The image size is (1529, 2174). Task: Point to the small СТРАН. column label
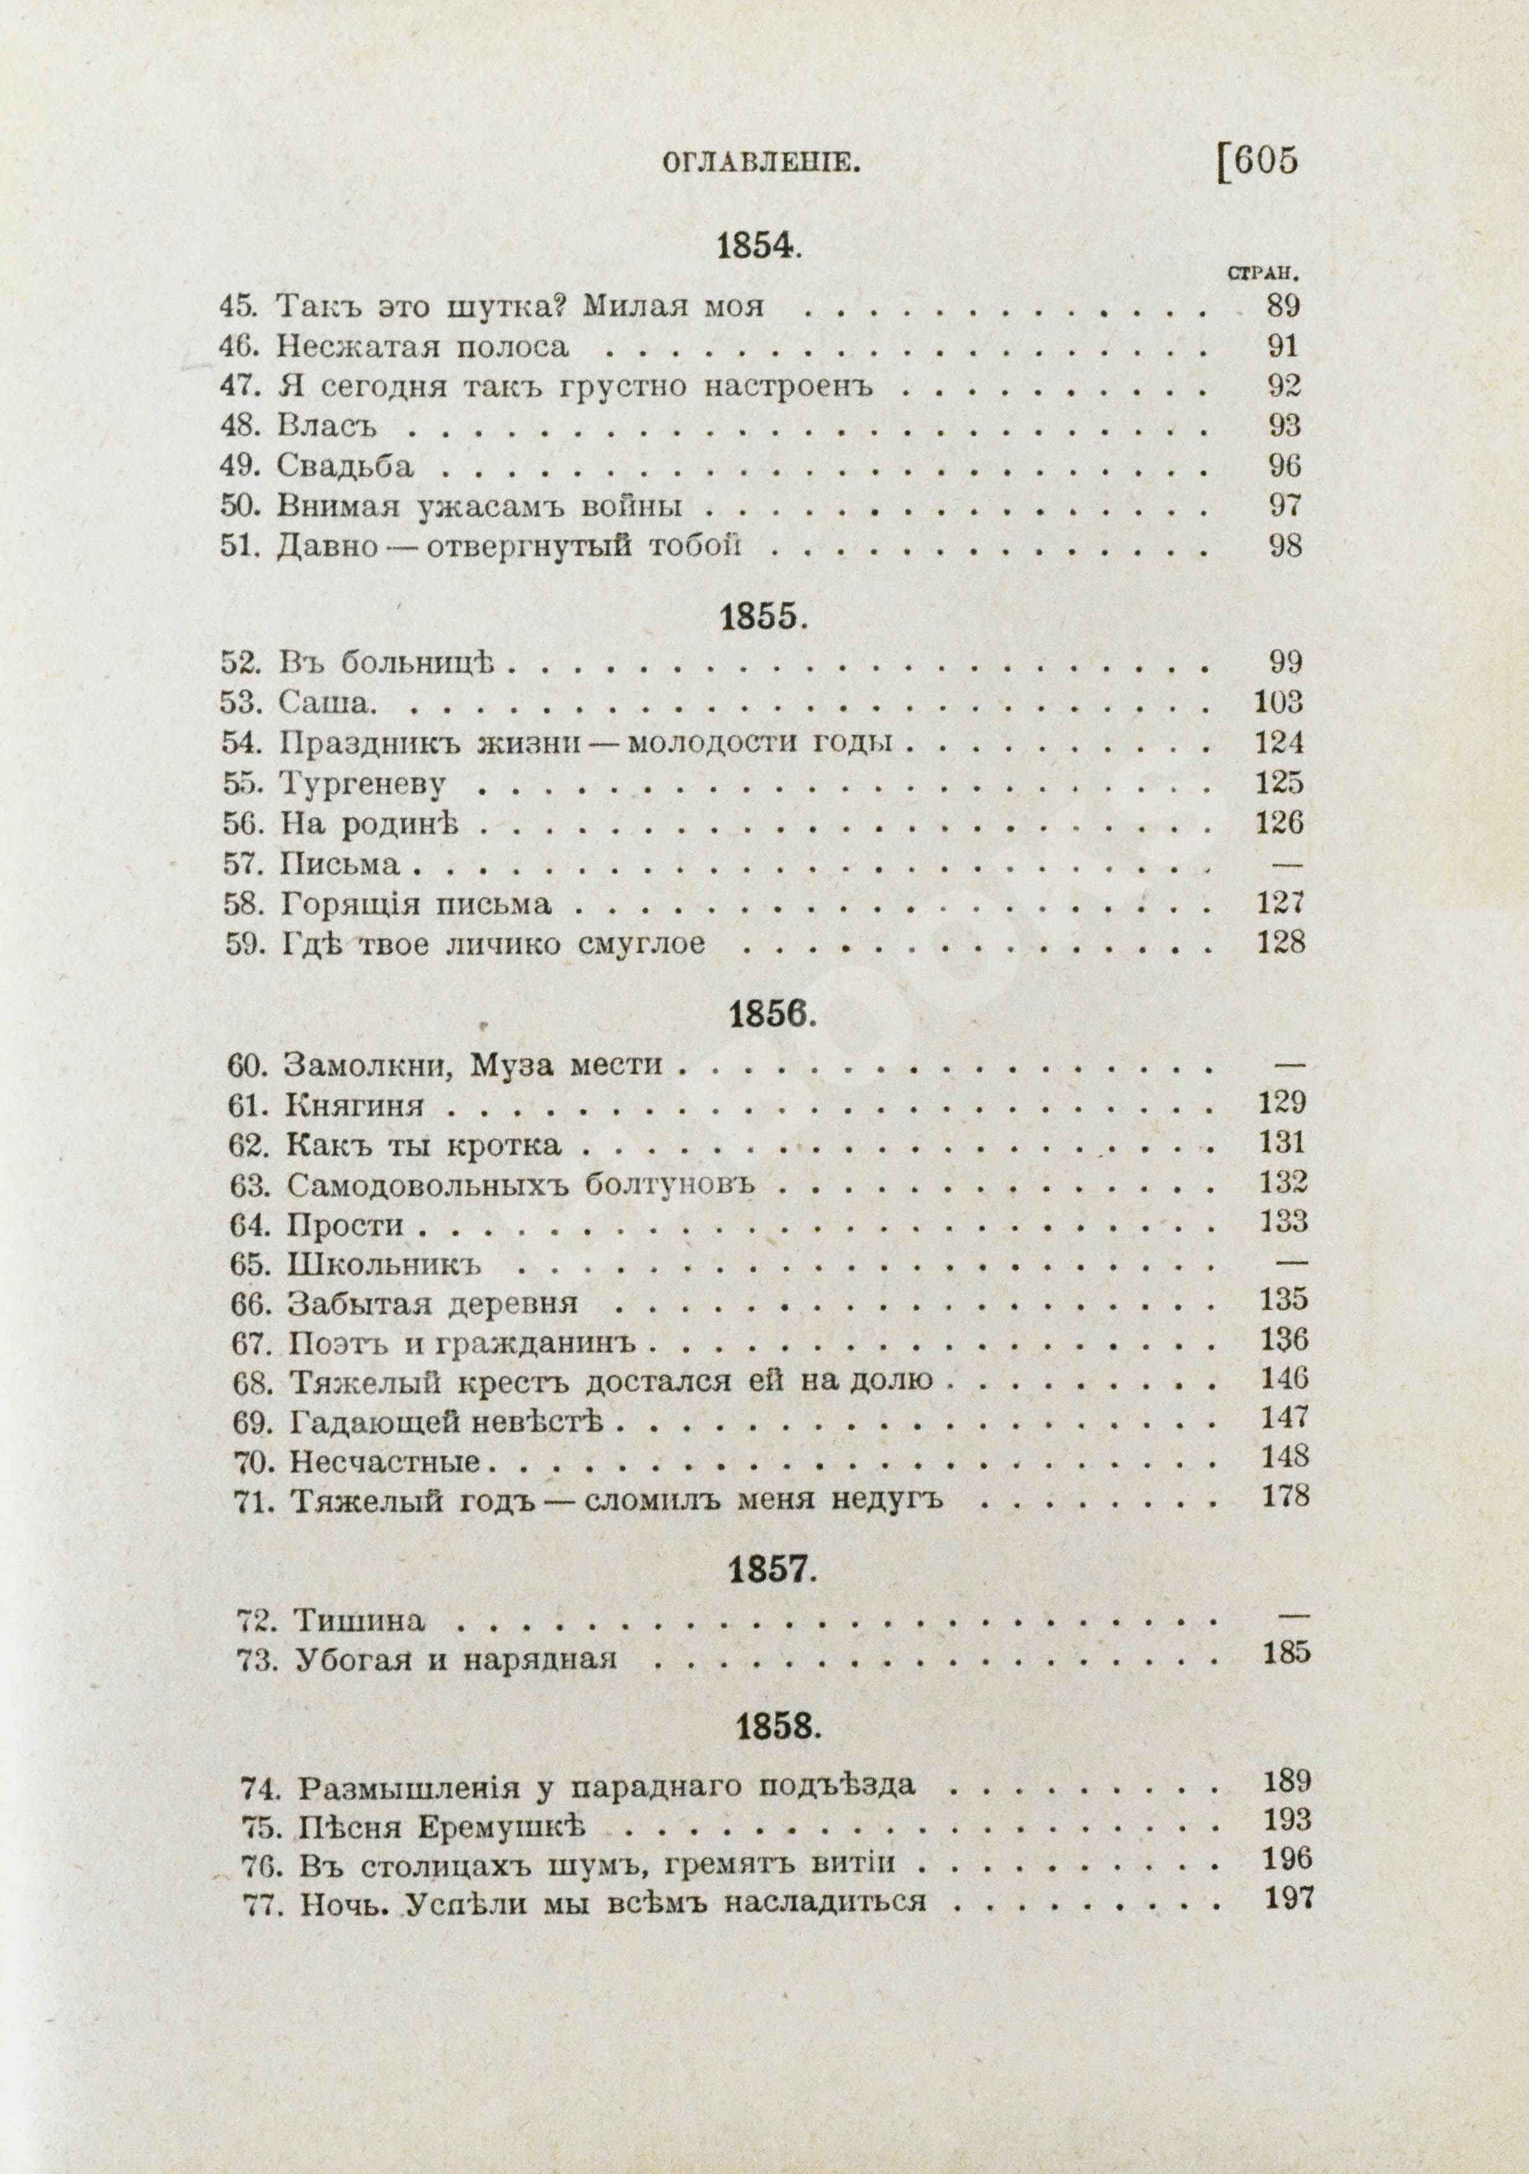[1261, 275]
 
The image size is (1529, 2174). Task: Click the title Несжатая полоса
[423, 346]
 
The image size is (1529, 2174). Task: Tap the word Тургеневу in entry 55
[363, 783]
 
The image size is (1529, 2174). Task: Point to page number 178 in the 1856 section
[1285, 1496]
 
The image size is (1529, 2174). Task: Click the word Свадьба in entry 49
[346, 467]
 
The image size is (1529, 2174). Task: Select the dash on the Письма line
[1285, 863]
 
